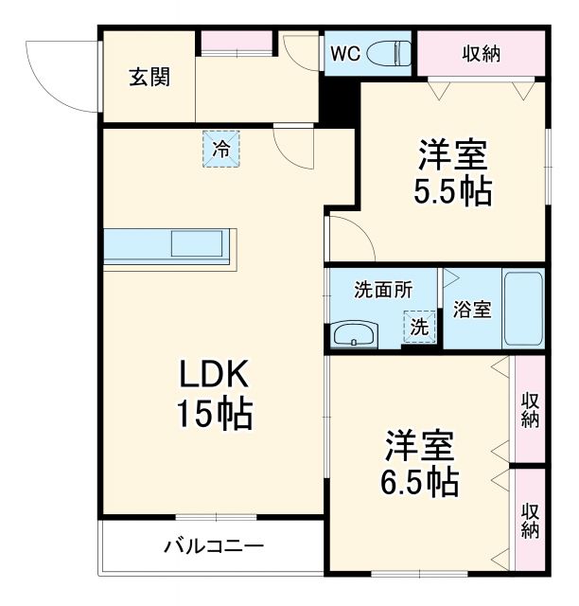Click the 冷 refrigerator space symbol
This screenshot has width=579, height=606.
[x=220, y=149]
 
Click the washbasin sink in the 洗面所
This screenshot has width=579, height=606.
[x=354, y=334]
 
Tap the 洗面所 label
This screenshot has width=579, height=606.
[x=382, y=291]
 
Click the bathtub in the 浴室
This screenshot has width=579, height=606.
[x=522, y=310]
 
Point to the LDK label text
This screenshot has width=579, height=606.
[x=215, y=376]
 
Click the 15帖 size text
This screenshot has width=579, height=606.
[x=215, y=413]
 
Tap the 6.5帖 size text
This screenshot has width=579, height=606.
[x=420, y=481]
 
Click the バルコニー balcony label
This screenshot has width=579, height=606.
[x=214, y=546]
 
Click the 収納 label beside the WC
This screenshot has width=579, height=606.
[x=482, y=53]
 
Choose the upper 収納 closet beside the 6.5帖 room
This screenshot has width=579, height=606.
[x=529, y=408]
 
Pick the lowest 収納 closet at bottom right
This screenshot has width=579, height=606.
[x=529, y=519]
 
